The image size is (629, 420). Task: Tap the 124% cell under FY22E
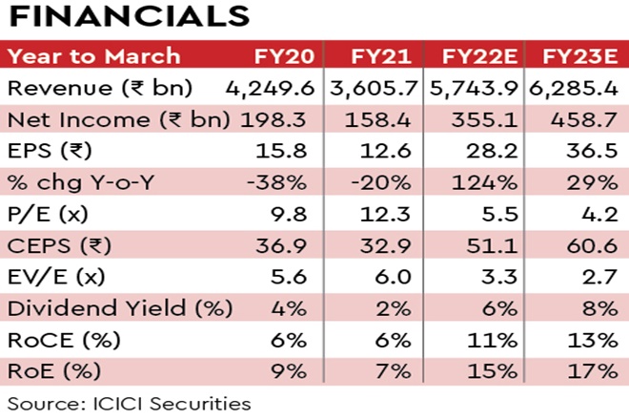click(488, 184)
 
